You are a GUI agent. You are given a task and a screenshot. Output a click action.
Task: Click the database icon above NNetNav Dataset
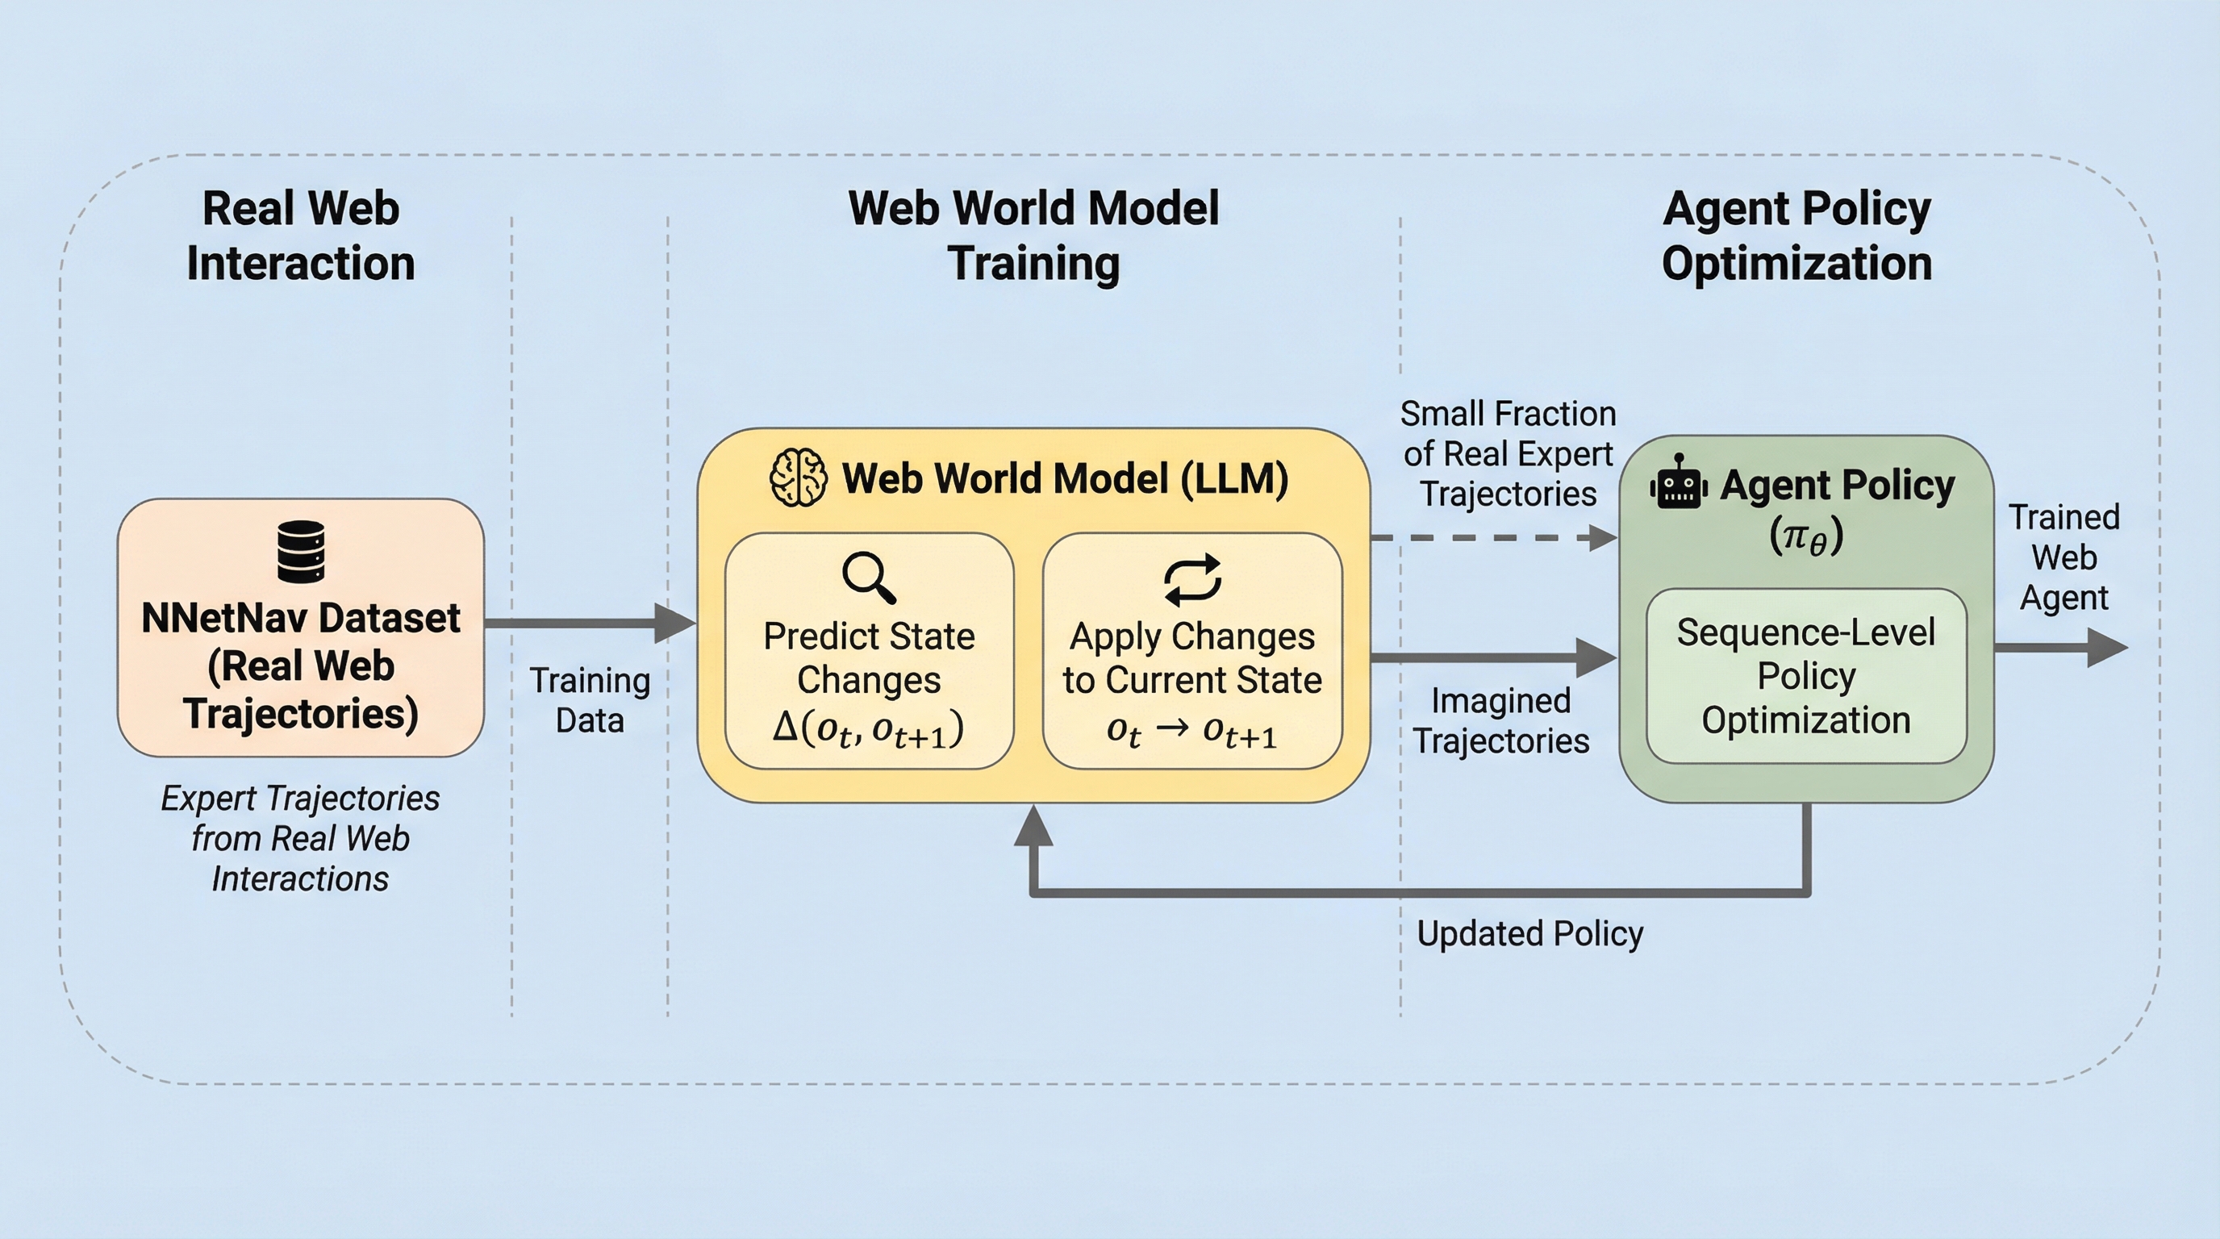pos(301,552)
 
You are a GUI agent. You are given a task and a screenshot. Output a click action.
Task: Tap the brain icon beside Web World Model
pos(797,478)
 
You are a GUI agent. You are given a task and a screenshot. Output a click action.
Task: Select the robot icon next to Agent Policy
pos(1678,483)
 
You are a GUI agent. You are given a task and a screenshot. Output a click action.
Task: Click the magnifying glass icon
pos(869,578)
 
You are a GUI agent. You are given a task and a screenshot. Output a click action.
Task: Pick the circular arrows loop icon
pos(1191,578)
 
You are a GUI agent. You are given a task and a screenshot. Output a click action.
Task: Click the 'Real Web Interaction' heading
pos(301,236)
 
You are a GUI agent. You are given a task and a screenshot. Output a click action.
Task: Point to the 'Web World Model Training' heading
pos(1033,236)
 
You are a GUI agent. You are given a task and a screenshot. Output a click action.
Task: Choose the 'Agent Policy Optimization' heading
pos(1796,236)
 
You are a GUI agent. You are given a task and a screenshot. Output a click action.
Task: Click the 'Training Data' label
pos(590,699)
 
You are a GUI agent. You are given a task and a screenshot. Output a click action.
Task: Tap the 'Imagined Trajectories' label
pos(1500,720)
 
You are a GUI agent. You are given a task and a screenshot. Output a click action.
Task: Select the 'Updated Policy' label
pos(1529,934)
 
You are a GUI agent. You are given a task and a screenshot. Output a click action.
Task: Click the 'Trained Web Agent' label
pos(2064,557)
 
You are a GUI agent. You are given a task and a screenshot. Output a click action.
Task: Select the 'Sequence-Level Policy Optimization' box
pos(1806,676)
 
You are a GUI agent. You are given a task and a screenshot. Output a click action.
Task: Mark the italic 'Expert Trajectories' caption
pos(301,838)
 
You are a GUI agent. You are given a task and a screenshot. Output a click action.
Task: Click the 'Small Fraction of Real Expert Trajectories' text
pos(1507,454)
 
